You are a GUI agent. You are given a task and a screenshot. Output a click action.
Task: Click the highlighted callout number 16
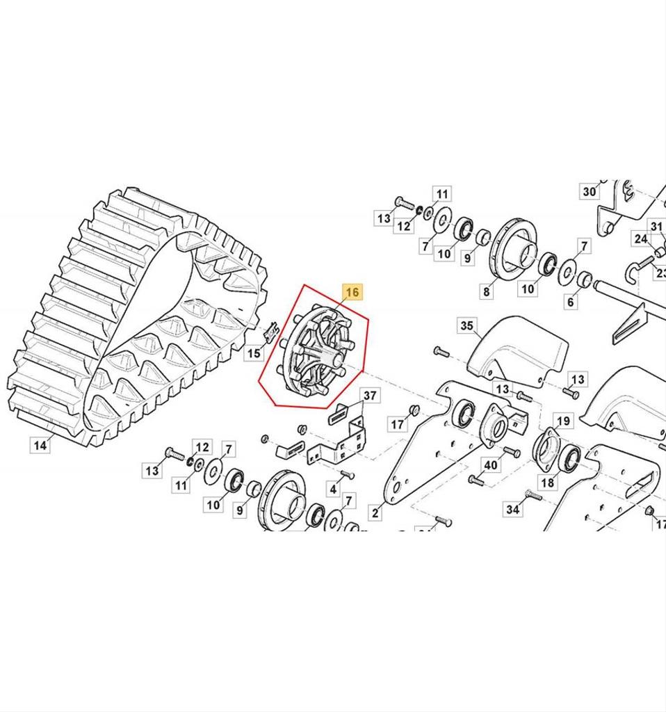coord(352,292)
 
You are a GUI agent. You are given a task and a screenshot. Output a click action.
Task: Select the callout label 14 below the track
coord(41,444)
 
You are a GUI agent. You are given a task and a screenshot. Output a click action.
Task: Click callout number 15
coord(254,353)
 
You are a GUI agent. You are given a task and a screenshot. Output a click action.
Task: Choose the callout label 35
coord(466,325)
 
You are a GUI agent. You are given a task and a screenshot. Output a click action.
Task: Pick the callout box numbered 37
coord(371,396)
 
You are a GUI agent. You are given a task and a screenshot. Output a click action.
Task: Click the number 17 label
coord(398,423)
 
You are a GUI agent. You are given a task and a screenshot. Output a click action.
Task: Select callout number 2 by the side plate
coord(375,513)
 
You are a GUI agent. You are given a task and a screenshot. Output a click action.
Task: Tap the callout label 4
coord(334,489)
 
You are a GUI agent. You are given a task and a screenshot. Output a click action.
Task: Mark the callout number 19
coord(563,421)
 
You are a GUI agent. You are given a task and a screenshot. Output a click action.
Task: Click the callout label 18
coord(548,483)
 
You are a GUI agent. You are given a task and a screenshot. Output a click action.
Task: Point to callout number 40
coord(491,465)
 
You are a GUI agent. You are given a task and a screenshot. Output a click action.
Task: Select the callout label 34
coord(512,510)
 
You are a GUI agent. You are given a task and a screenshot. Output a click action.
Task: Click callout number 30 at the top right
coord(589,191)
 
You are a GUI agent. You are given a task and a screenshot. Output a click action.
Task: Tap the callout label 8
coord(486,292)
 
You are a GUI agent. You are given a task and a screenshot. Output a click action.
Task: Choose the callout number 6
coord(571,301)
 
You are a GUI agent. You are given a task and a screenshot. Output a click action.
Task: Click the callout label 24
coord(640,239)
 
